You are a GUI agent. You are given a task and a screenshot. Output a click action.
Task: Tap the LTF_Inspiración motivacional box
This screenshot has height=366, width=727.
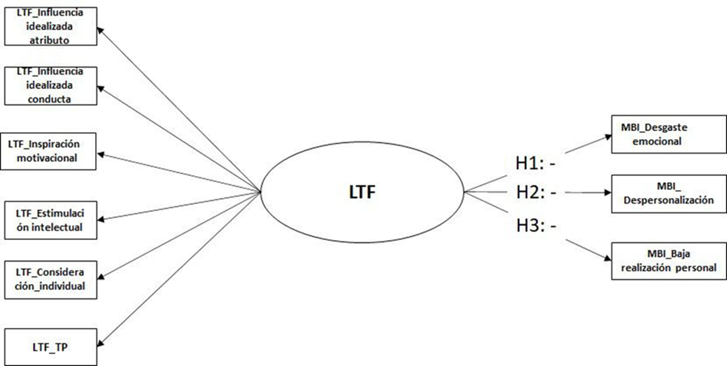(50, 151)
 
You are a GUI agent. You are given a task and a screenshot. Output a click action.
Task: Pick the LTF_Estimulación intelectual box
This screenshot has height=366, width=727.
(50, 220)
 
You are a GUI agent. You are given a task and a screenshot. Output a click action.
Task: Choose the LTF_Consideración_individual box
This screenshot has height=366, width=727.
(50, 279)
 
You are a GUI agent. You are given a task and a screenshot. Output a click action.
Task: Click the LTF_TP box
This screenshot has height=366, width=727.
(50, 345)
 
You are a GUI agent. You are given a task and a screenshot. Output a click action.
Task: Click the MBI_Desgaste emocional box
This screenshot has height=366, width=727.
(668, 134)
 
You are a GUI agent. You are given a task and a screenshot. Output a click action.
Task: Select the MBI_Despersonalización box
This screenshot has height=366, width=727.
(668, 194)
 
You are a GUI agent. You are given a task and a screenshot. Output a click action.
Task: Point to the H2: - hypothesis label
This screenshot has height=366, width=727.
(536, 192)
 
